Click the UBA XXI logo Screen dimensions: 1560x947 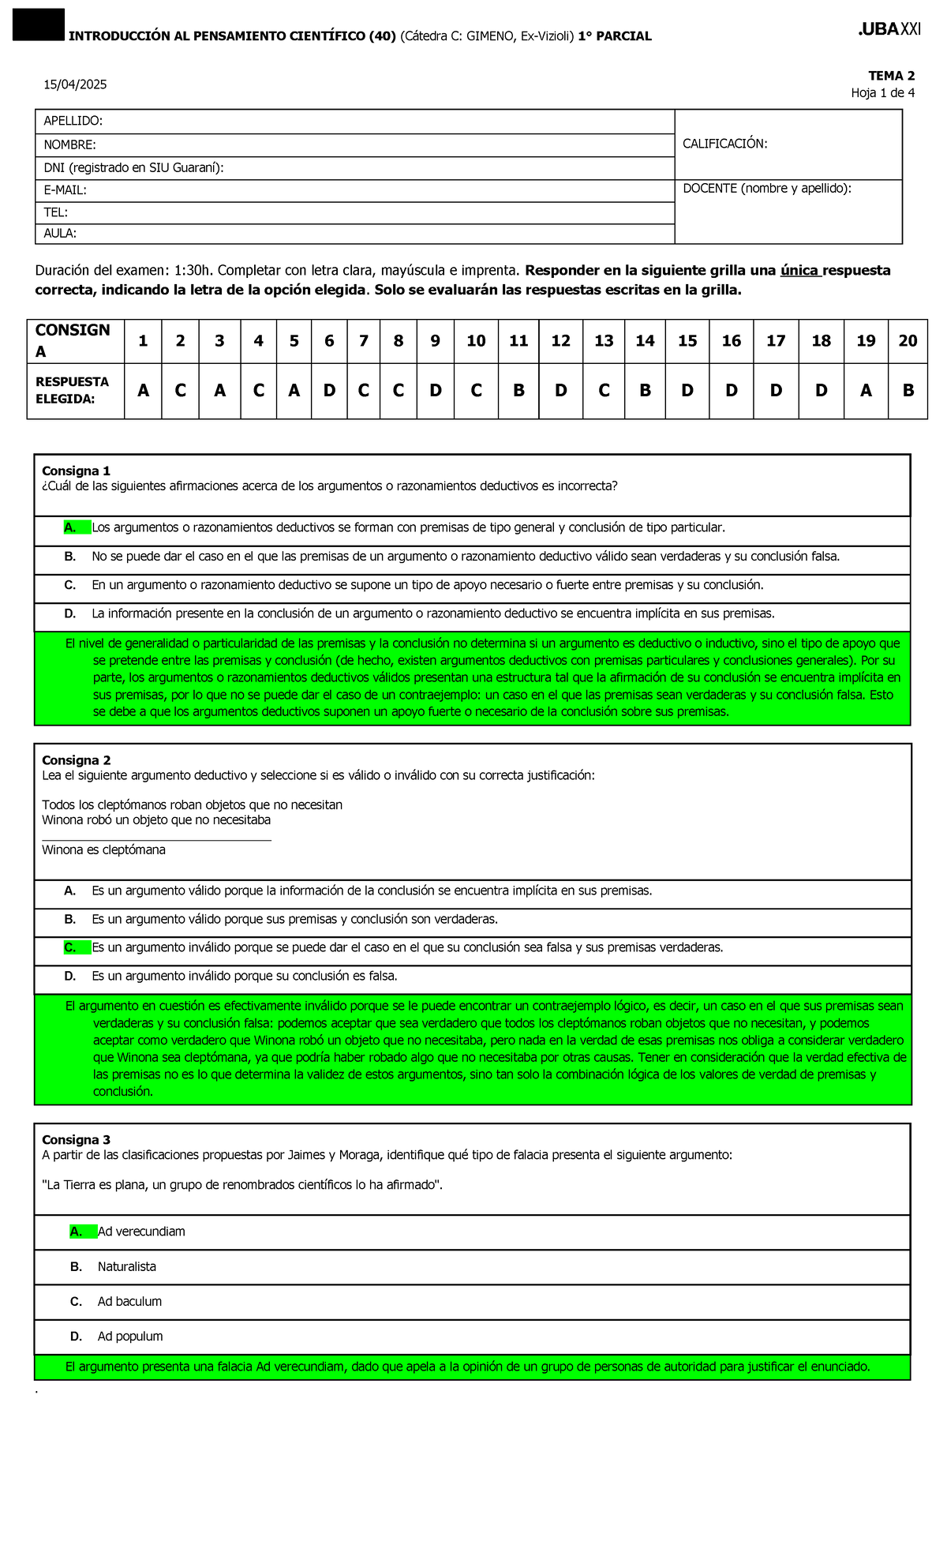click(889, 29)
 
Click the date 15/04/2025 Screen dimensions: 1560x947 click(75, 84)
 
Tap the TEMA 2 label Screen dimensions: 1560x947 click(891, 76)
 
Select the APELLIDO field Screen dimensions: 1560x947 click(355, 121)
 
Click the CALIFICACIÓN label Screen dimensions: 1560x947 click(724, 144)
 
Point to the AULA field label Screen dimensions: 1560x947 click(60, 234)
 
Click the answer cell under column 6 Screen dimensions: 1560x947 click(329, 390)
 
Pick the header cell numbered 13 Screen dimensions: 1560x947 click(604, 341)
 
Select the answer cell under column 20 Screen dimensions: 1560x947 click(908, 390)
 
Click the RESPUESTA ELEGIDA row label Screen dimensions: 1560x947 click(73, 390)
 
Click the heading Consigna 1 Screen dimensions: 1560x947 click(76, 471)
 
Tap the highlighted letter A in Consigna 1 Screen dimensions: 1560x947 click(70, 527)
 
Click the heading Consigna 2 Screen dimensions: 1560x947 click(76, 760)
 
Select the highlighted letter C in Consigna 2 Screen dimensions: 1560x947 click(70, 947)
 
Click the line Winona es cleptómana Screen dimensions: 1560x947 click(103, 850)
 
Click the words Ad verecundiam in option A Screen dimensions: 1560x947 click(141, 1232)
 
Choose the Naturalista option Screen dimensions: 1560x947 click(126, 1266)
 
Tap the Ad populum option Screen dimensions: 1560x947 click(130, 1337)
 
